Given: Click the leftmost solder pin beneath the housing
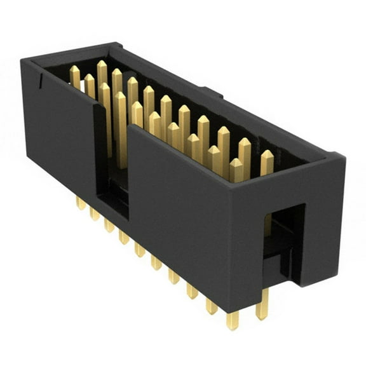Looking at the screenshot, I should (x=81, y=203).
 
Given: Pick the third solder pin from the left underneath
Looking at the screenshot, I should (x=109, y=224).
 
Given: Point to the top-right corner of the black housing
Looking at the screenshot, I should (x=344, y=156).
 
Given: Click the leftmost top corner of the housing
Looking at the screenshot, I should (x=22, y=60).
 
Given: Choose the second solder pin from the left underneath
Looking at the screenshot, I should (x=94, y=213).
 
